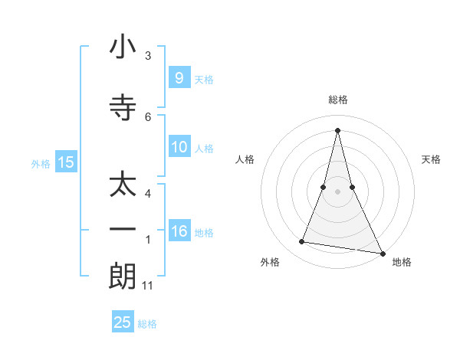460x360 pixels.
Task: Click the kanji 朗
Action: click(x=123, y=275)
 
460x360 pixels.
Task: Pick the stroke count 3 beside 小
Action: click(x=148, y=56)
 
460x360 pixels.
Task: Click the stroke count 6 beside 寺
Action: click(x=148, y=116)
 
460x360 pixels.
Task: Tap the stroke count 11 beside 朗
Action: click(x=148, y=286)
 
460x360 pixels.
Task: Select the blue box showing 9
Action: click(x=179, y=77)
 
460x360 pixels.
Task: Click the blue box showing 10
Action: click(x=179, y=147)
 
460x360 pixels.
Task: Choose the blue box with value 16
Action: click(x=179, y=231)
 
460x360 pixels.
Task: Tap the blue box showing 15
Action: click(x=66, y=162)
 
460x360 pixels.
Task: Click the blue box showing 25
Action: click(x=123, y=322)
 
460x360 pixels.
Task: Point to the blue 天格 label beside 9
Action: click(x=204, y=79)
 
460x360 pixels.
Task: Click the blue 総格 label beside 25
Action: click(x=148, y=324)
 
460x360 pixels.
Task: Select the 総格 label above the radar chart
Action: click(x=337, y=100)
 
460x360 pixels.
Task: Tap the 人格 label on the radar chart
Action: click(x=245, y=159)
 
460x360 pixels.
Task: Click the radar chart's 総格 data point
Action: click(x=337, y=129)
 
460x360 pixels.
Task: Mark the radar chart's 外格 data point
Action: click(x=302, y=242)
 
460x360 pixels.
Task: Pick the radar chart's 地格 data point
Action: click(x=382, y=252)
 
